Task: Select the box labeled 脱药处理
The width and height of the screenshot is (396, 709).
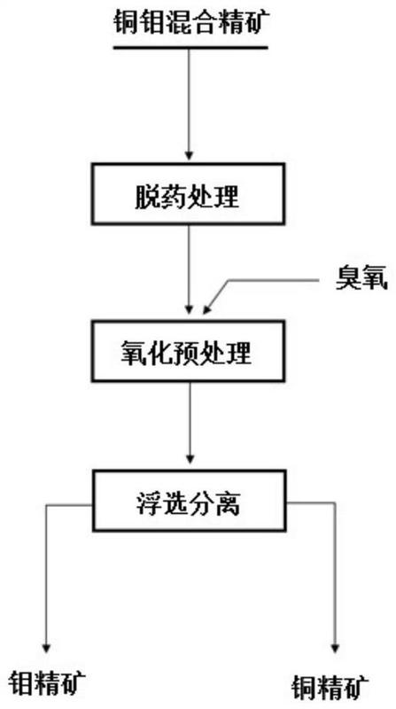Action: tap(188, 194)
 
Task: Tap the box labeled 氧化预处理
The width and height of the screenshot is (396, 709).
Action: tap(188, 350)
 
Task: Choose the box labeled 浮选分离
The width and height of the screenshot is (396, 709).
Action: tap(189, 501)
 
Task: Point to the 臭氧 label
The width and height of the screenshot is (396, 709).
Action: tap(361, 280)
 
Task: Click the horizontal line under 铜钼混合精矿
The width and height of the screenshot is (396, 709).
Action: tap(190, 47)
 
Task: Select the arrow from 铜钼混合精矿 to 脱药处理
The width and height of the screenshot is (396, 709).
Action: tap(189, 104)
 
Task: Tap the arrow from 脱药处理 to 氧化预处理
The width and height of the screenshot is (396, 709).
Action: tap(189, 269)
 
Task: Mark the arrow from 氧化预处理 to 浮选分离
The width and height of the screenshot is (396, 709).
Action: tap(190, 423)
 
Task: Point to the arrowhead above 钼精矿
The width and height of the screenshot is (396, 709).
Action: tap(46, 647)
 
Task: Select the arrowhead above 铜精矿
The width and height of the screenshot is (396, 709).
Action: tap(335, 648)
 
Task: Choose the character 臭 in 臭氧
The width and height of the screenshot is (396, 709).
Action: tap(347, 280)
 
